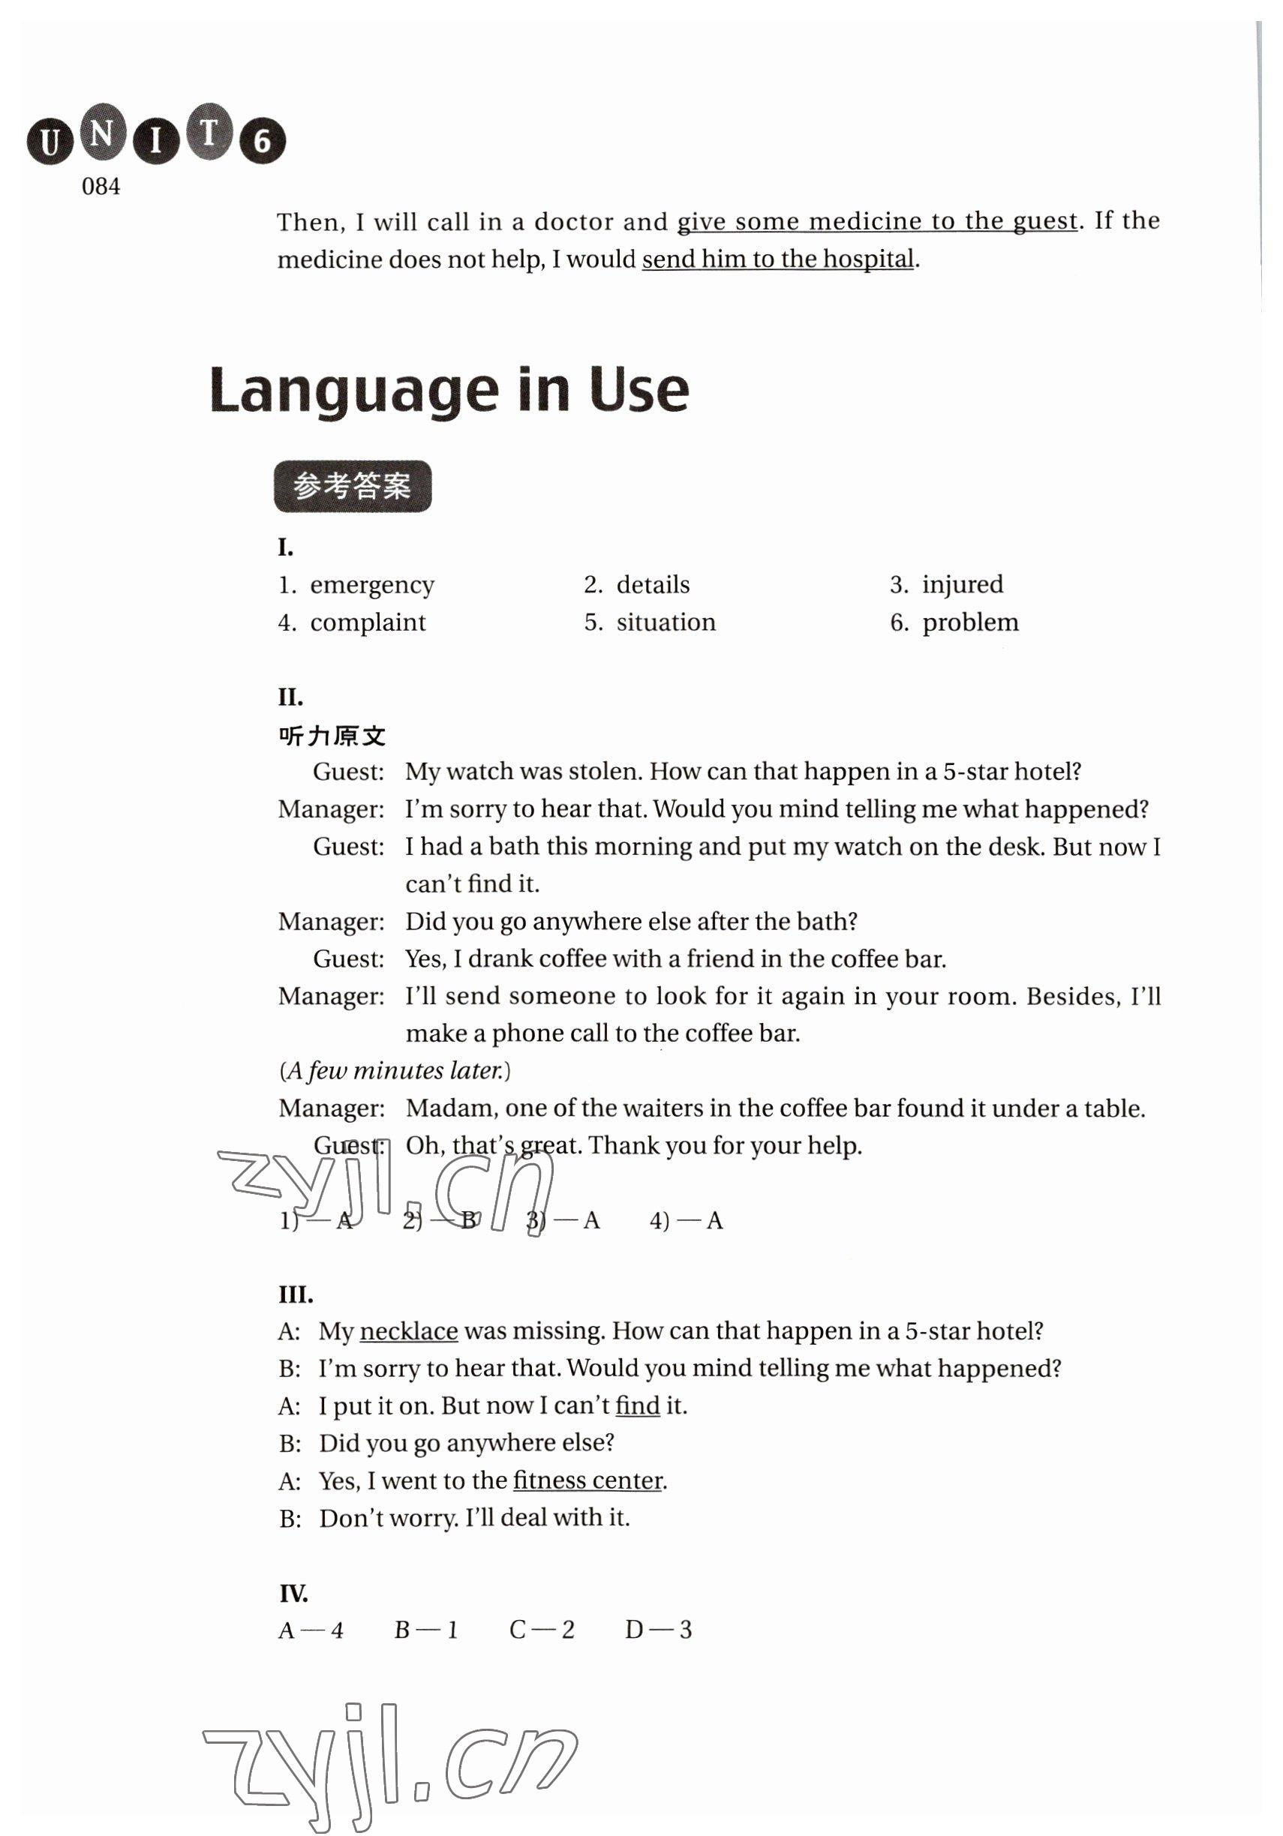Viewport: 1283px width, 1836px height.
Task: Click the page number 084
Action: (101, 187)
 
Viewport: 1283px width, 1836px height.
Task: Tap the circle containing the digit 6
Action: (262, 142)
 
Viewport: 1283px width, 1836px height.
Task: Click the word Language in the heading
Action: (353, 391)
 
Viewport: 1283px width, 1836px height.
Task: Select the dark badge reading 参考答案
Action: (353, 486)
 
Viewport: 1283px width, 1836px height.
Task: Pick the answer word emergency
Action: (372, 585)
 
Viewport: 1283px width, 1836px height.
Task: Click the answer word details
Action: (653, 584)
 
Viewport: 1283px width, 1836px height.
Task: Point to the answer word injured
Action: (962, 584)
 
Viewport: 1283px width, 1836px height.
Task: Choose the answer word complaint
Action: (368, 623)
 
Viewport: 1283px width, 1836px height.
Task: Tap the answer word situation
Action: (666, 622)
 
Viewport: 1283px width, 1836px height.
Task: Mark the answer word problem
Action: (970, 622)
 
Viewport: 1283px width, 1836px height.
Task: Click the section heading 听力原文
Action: (332, 736)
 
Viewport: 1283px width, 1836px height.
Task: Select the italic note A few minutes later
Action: (395, 1071)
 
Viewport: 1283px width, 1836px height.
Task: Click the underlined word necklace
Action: (409, 1331)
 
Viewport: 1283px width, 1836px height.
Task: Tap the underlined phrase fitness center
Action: (588, 1481)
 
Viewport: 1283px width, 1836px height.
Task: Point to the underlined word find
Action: (638, 1405)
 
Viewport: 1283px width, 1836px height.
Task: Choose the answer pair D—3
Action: (657, 1630)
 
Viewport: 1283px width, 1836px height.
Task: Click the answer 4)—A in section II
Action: (686, 1221)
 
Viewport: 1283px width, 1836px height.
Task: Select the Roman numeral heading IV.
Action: (293, 1594)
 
